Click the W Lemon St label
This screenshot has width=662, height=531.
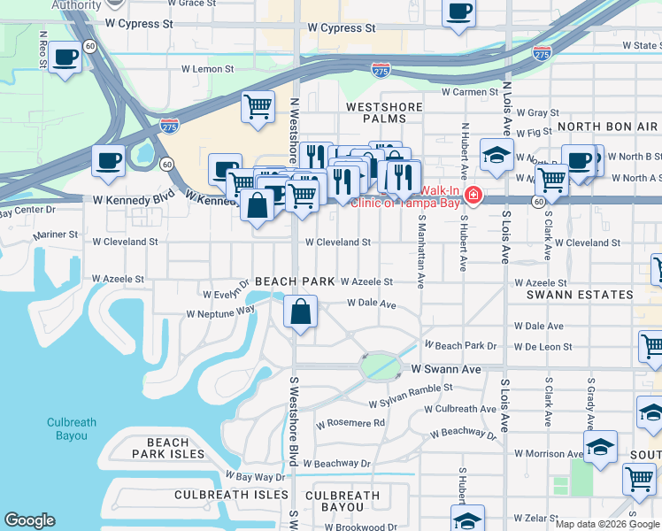coord(207,68)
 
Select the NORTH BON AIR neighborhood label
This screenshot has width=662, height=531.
coord(607,127)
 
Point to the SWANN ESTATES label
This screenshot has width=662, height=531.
coord(580,295)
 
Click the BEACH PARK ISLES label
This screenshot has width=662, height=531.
coord(168,448)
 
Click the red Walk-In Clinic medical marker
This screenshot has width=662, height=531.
coord(473,195)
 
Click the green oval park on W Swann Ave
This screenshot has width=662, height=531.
coord(379,365)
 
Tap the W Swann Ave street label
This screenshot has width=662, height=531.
coord(445,368)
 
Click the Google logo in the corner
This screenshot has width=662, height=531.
coord(29,520)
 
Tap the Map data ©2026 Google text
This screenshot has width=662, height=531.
coord(607,524)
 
